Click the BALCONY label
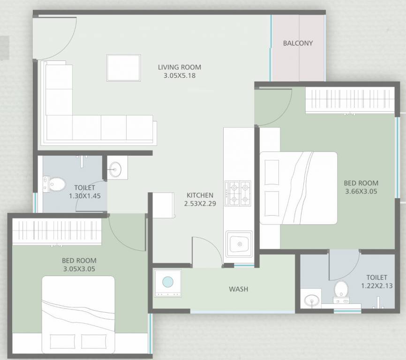click(298, 43)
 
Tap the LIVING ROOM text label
click(179, 67)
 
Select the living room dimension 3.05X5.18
click(179, 75)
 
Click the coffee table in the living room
click(123, 68)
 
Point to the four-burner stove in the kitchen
click(238, 194)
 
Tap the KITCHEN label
click(200, 195)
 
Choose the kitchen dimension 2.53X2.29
click(200, 203)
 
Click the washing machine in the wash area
click(167, 283)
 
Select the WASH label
click(238, 289)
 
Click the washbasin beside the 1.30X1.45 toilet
click(115, 170)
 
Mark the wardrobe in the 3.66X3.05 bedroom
click(350, 100)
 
